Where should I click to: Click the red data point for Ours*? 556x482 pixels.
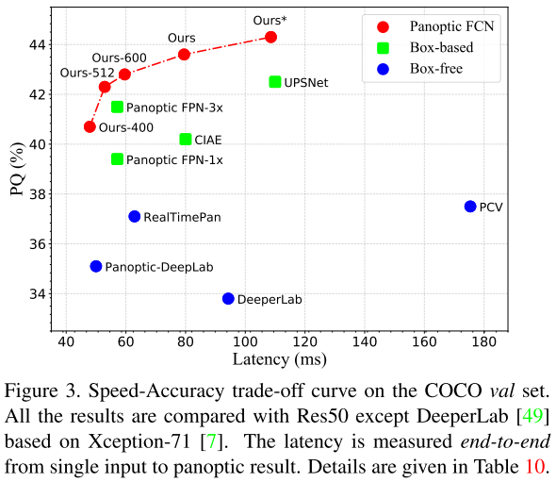[x=271, y=37]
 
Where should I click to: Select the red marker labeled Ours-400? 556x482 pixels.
[x=90, y=126]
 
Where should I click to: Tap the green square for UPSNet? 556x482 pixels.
[x=275, y=82]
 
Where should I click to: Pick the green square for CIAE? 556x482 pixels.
[x=186, y=140]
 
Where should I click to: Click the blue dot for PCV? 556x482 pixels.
[x=470, y=207]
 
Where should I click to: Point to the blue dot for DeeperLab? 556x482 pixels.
[x=228, y=299]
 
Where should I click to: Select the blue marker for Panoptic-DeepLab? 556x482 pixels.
[x=96, y=267]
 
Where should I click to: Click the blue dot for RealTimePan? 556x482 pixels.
[x=135, y=217]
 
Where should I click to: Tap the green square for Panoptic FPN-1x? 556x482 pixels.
[x=118, y=159]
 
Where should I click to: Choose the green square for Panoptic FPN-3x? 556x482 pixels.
[x=118, y=108]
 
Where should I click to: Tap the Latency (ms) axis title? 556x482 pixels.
[x=275, y=359]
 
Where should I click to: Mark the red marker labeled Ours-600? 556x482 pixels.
[x=124, y=74]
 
